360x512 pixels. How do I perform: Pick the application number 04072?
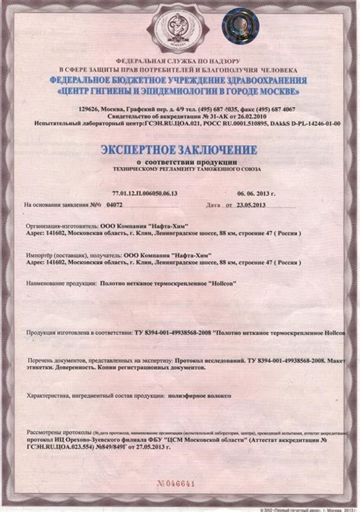point(114,204)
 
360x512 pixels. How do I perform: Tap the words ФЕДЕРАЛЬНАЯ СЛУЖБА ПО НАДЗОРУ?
point(178,60)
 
